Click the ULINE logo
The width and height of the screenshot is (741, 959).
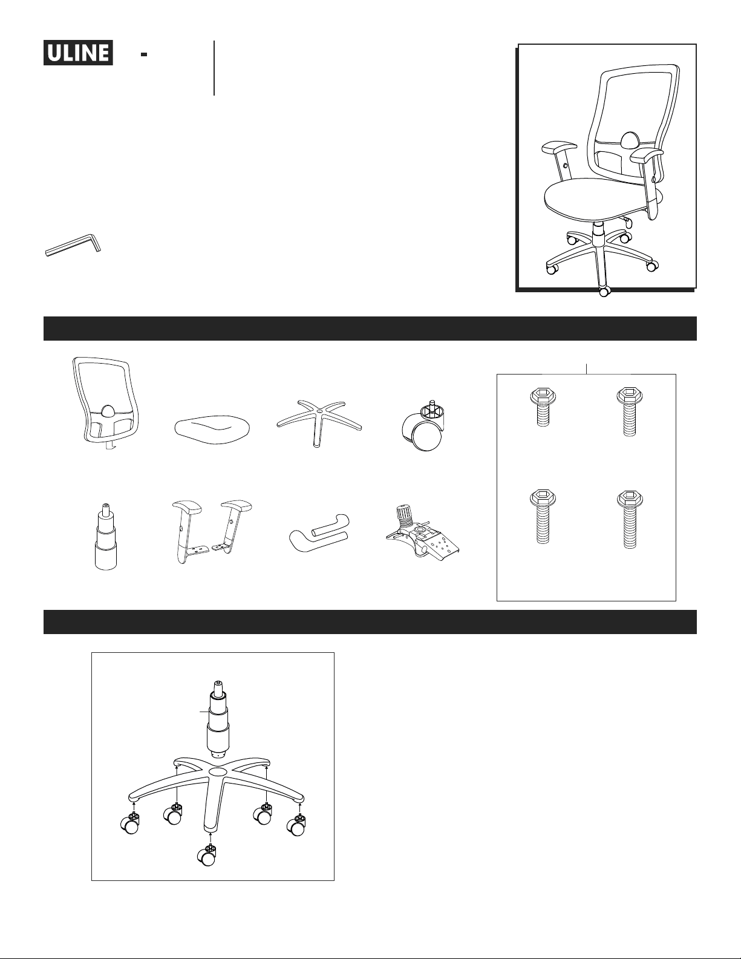[78, 53]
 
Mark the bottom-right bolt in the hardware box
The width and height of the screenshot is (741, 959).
[630, 520]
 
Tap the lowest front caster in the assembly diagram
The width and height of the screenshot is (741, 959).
[206, 856]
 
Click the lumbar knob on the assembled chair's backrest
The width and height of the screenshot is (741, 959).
[628, 140]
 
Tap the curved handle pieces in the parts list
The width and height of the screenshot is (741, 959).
[319, 529]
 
